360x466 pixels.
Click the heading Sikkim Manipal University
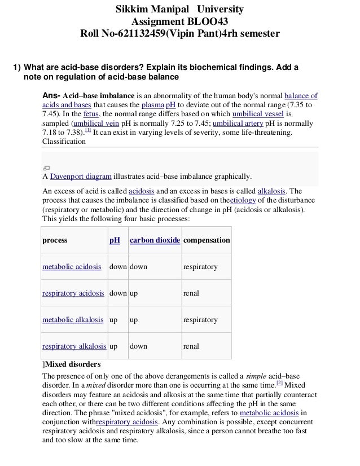(180, 10)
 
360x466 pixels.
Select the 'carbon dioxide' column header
(155, 240)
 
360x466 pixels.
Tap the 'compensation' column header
(207, 240)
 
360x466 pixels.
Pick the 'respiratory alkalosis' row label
(74, 346)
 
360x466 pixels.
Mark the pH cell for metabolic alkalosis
(113, 319)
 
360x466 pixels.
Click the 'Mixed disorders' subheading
(73, 363)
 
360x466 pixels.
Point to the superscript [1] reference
(87, 130)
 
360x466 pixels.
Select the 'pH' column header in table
(115, 240)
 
